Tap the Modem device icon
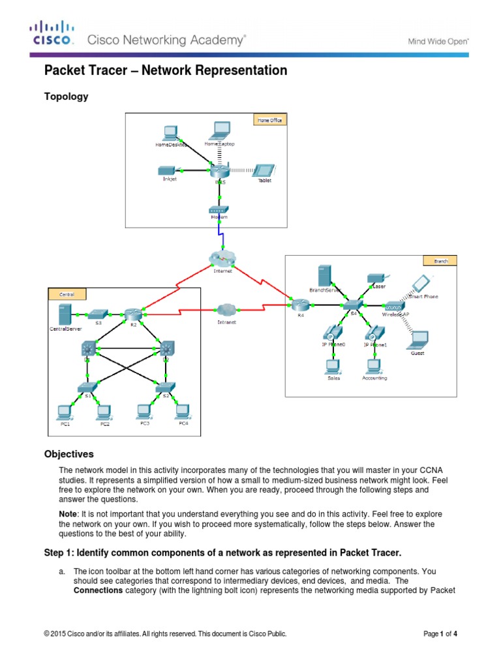point(218,210)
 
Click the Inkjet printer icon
point(169,170)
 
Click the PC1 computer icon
point(64,412)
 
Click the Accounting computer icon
point(374,365)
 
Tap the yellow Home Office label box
point(269,120)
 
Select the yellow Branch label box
point(440,261)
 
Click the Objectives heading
point(68,454)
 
